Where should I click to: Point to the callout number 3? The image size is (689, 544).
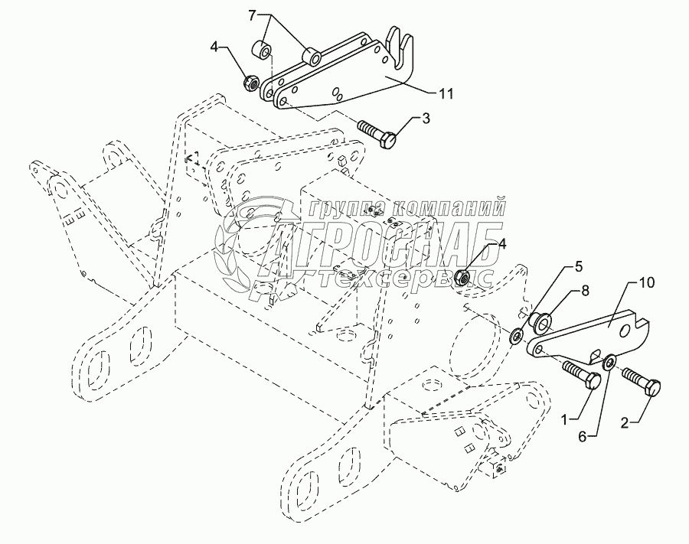click(426, 118)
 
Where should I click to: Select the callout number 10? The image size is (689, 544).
click(648, 284)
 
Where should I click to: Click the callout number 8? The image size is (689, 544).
click(585, 291)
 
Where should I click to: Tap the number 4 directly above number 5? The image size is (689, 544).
click(503, 245)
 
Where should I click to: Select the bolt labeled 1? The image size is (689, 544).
click(581, 376)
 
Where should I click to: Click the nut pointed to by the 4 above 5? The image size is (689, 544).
click(463, 278)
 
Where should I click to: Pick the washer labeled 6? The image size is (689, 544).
click(611, 362)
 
